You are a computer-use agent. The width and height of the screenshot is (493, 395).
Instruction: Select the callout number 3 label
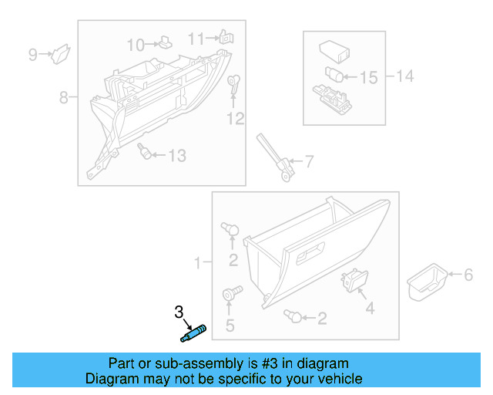coord(179,312)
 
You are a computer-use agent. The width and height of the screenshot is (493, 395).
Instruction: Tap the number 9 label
coord(32,54)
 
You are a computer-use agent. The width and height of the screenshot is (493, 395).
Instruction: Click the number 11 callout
coord(196,39)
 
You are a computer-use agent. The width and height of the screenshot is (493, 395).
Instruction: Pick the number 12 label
coord(235,118)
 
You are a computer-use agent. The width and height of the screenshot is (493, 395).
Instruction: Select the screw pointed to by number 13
coord(143,151)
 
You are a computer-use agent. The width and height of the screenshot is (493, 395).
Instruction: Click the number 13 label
coord(176,156)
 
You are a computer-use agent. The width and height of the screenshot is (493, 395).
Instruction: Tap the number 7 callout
coord(308,162)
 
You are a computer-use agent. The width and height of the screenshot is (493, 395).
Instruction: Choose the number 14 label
coord(404,76)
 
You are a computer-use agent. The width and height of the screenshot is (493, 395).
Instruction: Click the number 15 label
coord(368,77)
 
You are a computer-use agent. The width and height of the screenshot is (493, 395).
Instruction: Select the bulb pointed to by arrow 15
coord(334,75)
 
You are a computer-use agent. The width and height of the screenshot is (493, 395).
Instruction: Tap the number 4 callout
coord(370,308)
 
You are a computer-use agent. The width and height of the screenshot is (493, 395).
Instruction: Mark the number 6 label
coord(466,274)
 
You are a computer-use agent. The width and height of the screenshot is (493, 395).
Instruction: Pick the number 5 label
coord(230,326)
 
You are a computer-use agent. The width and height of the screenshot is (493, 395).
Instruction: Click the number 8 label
coord(64,97)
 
